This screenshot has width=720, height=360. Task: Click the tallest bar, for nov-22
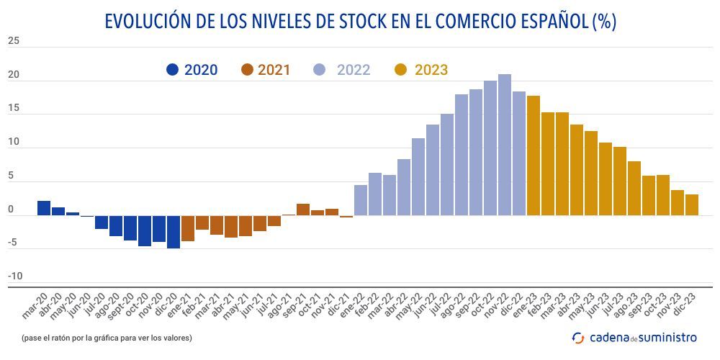click(505, 145)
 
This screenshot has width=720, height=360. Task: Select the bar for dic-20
click(174, 232)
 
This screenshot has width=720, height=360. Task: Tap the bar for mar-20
click(44, 208)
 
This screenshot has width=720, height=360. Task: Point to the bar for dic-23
click(692, 205)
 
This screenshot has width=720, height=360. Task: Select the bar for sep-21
click(303, 210)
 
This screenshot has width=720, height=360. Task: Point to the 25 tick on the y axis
click(14, 41)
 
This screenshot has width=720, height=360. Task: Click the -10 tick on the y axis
click(15, 276)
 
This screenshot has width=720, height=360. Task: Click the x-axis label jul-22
click(441, 305)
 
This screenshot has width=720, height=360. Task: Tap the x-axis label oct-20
click(138, 305)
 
